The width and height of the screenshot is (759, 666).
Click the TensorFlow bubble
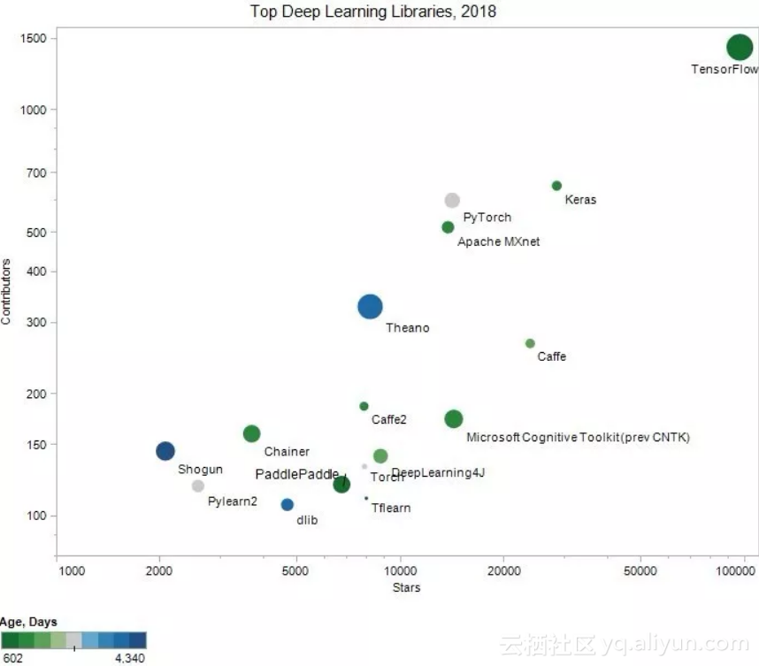tap(740, 48)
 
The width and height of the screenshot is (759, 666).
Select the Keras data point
tap(556, 186)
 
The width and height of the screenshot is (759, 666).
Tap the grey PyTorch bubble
tap(452, 201)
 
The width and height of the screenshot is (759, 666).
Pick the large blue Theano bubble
tap(370, 307)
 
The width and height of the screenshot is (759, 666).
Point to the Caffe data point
tap(530, 343)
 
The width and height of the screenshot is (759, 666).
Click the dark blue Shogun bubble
tap(165, 451)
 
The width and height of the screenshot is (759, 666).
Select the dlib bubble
tap(287, 505)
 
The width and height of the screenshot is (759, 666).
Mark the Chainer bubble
tap(251, 433)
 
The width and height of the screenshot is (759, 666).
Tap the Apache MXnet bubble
tap(448, 227)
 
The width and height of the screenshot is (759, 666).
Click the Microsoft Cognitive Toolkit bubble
tap(454, 419)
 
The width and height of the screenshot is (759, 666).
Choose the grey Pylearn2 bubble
tap(198, 486)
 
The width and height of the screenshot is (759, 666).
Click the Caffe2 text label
tap(389, 419)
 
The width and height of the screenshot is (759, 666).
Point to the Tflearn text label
tap(391, 509)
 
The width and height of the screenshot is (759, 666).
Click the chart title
tap(372, 11)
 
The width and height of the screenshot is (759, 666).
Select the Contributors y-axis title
tap(6, 291)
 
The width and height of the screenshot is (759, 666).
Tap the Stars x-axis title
tap(406, 587)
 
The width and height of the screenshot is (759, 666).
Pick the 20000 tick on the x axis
tap(503, 570)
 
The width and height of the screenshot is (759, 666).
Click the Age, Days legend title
tap(29, 622)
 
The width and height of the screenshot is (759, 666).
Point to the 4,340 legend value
tap(129, 658)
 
